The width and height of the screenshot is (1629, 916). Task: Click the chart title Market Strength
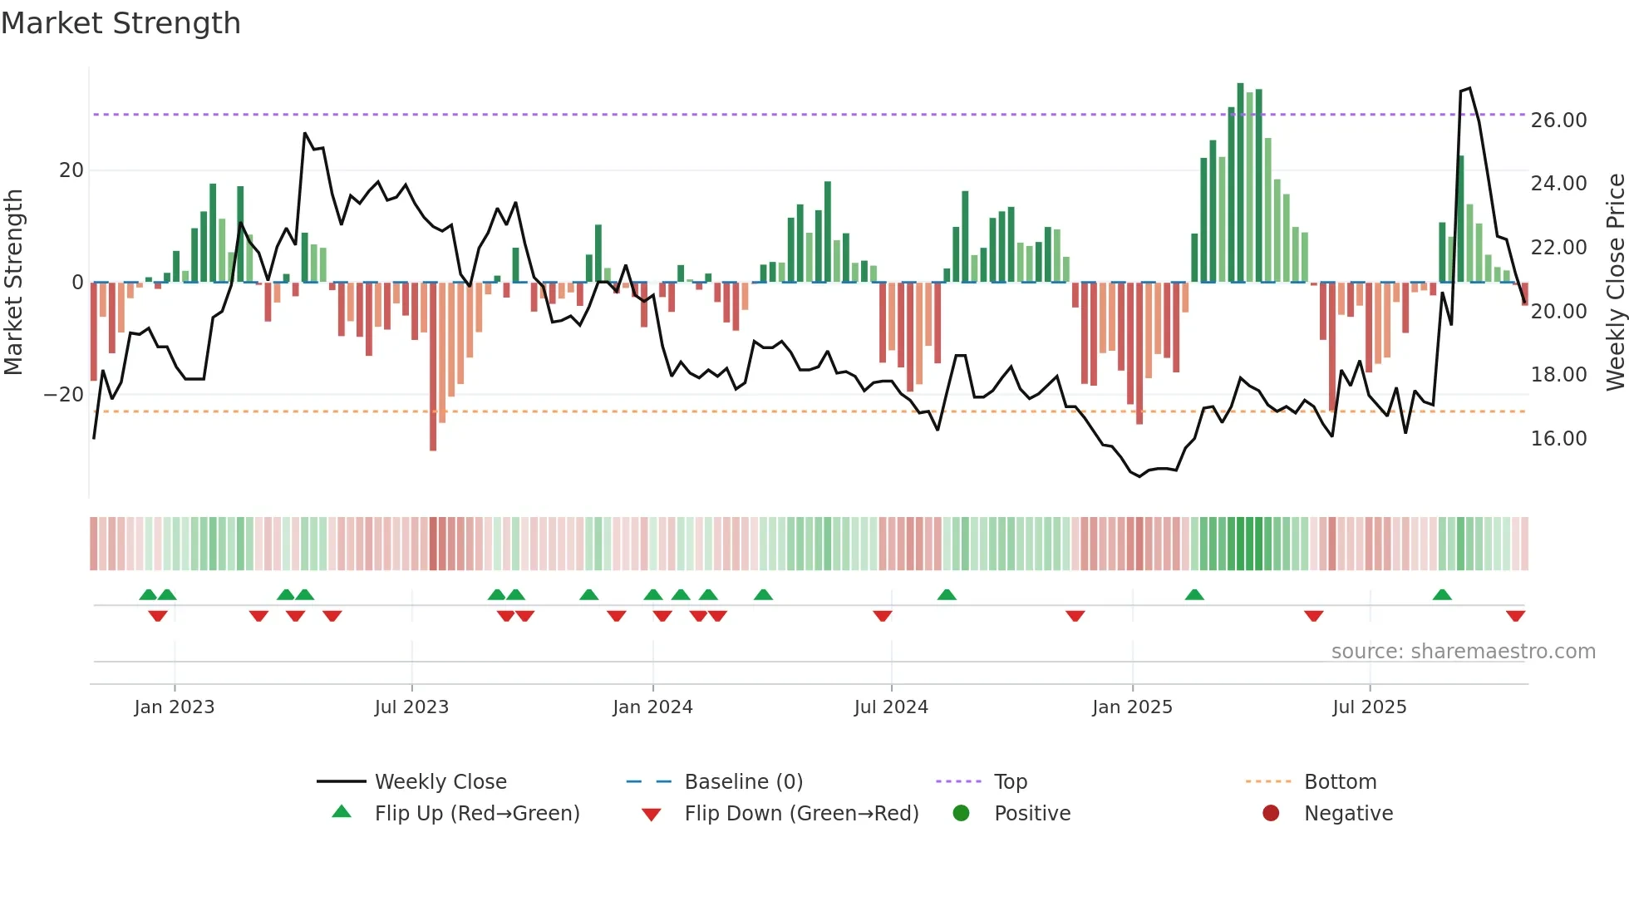pos(121,23)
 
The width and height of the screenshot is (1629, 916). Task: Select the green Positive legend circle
pos(961,813)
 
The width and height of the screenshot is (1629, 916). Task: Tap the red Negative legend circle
pos(1271,813)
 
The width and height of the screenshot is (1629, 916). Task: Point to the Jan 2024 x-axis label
pos(652,707)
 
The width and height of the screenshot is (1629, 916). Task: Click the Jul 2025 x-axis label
pos(1369,707)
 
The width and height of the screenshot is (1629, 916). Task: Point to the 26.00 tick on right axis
pos(1558,121)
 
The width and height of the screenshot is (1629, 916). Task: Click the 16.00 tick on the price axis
pos(1558,439)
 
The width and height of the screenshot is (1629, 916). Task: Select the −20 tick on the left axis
pos(64,395)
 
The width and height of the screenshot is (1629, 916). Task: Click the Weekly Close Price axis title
pos(1615,282)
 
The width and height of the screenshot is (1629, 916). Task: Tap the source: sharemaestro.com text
pos(1463,652)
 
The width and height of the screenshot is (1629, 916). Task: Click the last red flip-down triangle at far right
pos(1515,616)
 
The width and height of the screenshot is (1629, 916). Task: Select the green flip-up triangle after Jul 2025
pos(1442,594)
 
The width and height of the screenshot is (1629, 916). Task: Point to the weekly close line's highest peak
pos(1469,88)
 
